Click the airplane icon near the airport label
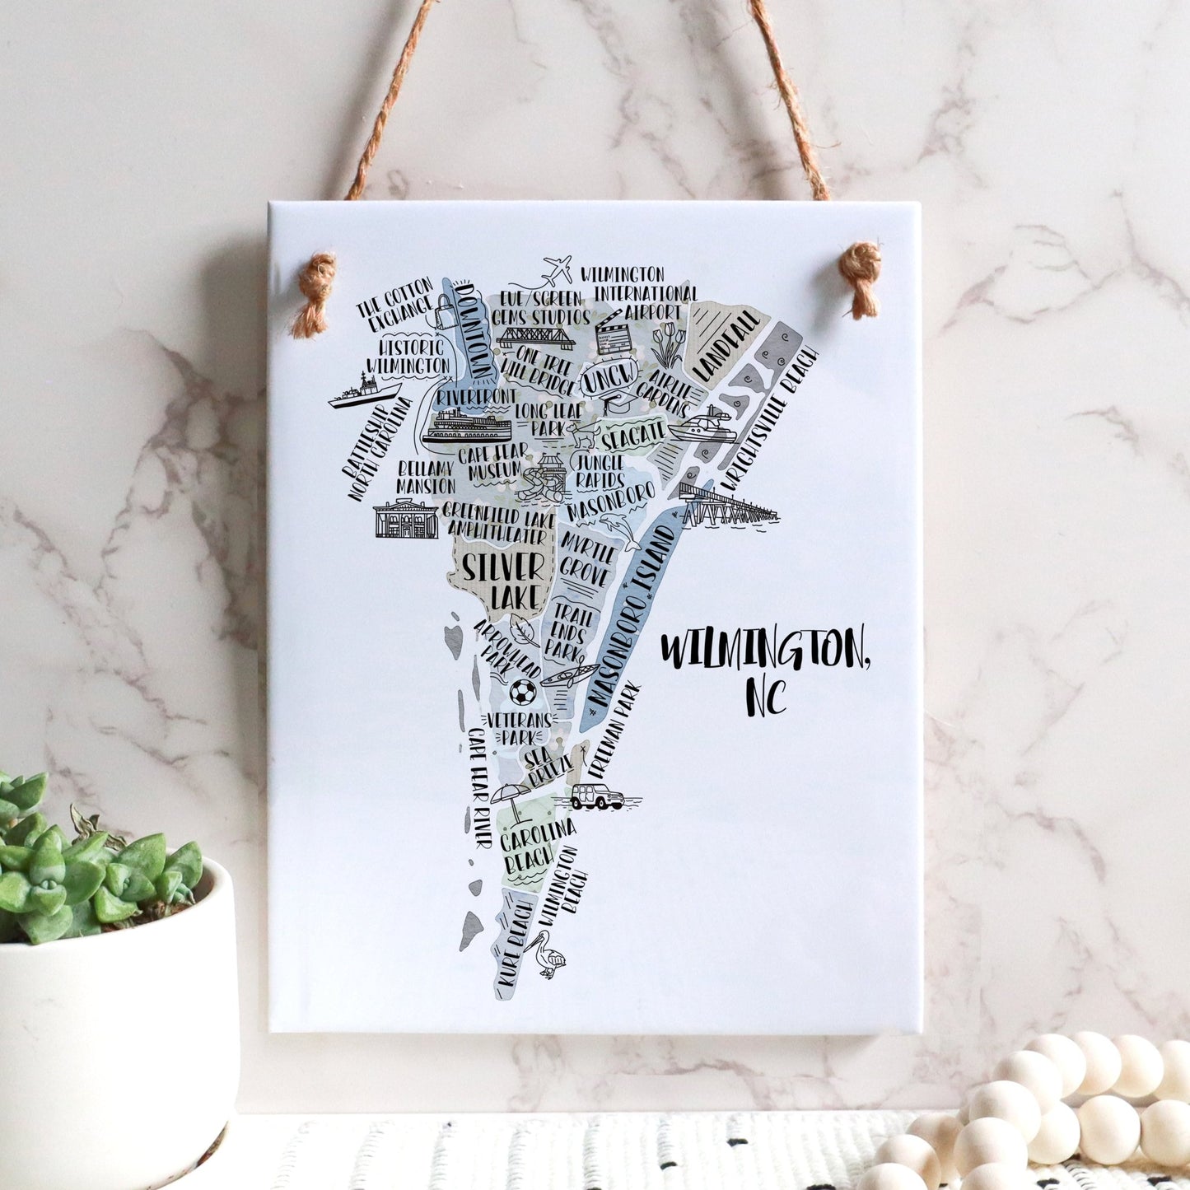tap(558, 269)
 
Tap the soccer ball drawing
tap(521, 692)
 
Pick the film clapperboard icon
tap(613, 330)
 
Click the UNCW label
tap(609, 378)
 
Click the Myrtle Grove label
tap(586, 560)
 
